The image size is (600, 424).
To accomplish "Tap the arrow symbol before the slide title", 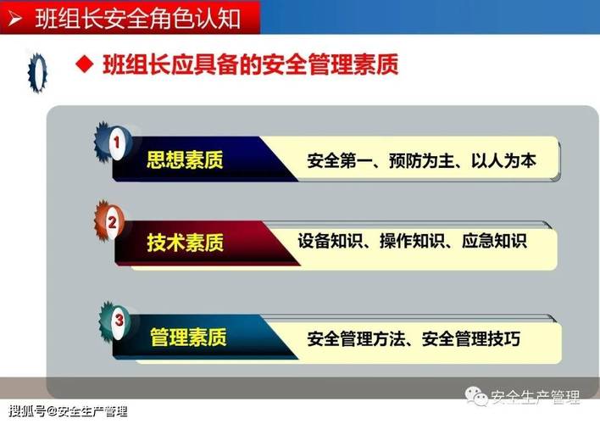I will coord(15,16).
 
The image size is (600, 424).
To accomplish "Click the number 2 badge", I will coord(112,223).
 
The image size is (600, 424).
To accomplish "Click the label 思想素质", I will coord(185,160).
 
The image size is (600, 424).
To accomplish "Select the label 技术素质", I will coord(186,243).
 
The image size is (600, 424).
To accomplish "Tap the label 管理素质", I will coord(188,338).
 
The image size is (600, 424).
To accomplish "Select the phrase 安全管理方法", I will coord(354,340).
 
